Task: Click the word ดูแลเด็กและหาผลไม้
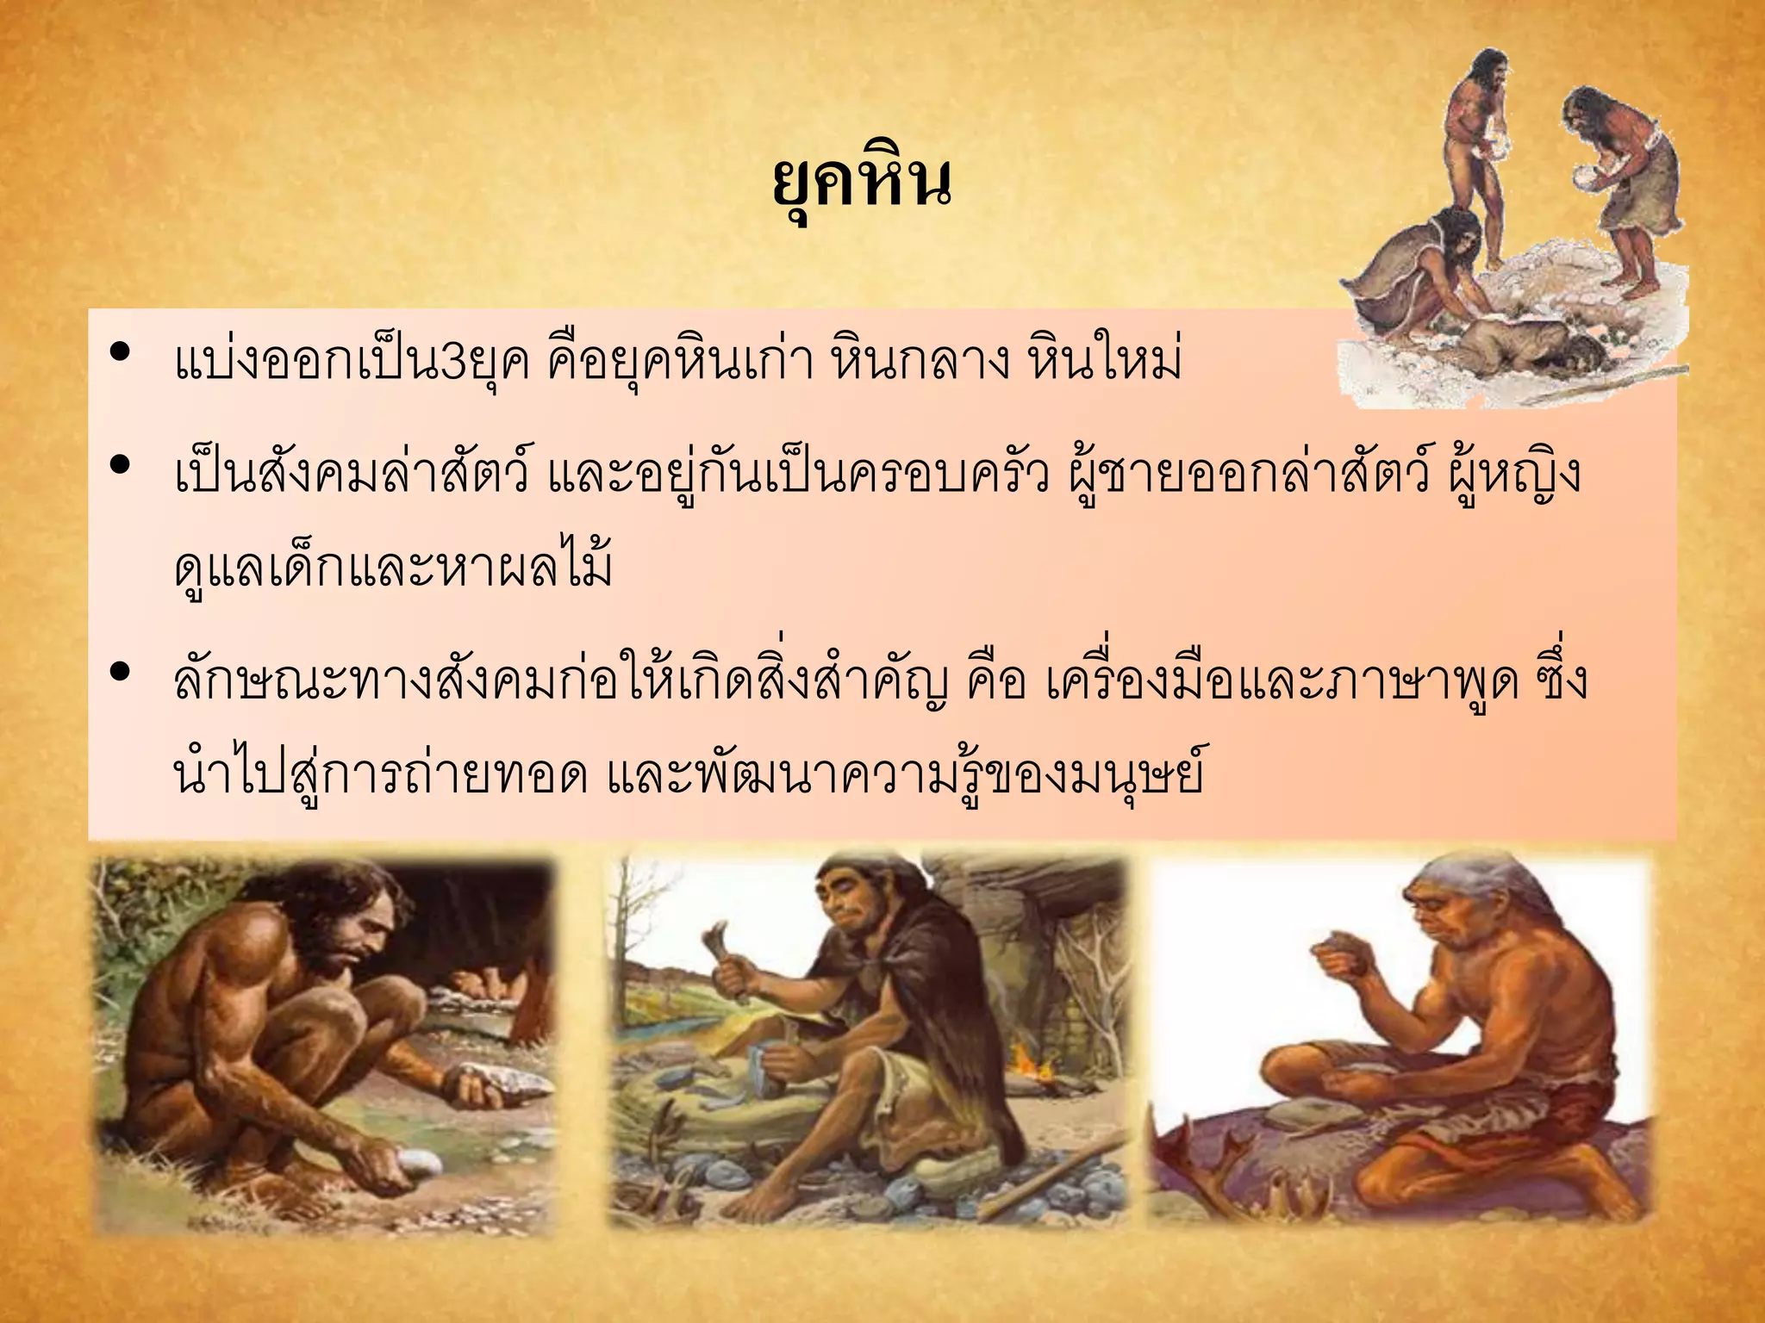[x=393, y=568]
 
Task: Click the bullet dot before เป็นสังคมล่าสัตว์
[x=121, y=465]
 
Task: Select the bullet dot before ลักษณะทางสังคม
[x=121, y=671]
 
